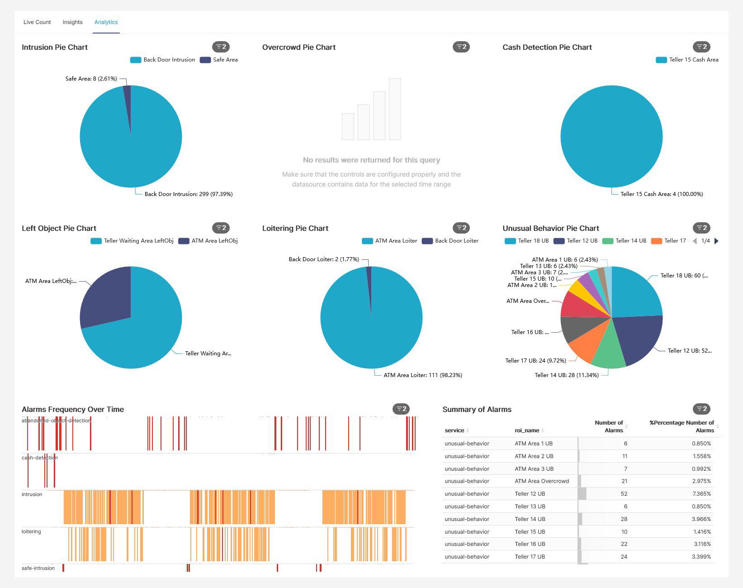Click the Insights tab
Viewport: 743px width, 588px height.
tap(72, 22)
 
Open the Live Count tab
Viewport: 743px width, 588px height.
tap(37, 22)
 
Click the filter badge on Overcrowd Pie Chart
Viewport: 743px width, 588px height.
tap(461, 47)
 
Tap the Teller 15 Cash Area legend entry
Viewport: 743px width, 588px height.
tap(687, 60)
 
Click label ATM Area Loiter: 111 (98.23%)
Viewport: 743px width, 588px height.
tap(422, 375)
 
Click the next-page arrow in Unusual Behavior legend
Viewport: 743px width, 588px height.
tap(716, 241)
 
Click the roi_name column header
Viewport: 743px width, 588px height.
tap(527, 430)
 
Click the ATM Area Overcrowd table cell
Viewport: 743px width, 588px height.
tap(542, 481)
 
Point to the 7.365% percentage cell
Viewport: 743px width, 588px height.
tap(701, 494)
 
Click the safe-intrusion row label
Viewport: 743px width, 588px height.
tap(38, 568)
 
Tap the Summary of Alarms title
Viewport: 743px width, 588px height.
tap(477, 409)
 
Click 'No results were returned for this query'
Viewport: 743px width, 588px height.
tap(371, 160)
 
